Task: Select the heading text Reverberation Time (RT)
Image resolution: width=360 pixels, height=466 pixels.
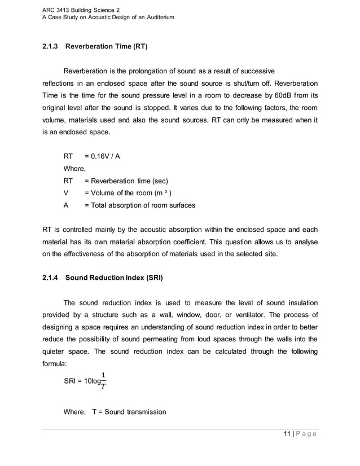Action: coord(107,46)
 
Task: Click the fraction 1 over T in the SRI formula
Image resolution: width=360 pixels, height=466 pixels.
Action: coord(102,380)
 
